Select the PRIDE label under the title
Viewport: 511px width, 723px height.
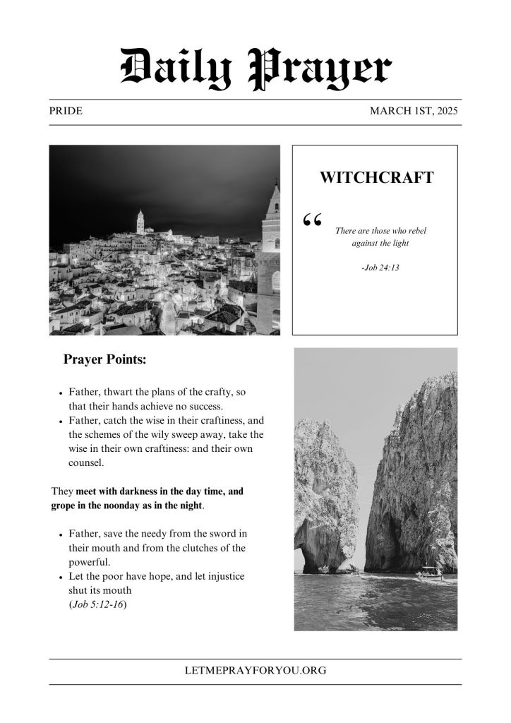66,112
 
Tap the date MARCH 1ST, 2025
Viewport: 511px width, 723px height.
415,112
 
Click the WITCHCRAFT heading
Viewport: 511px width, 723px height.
376,177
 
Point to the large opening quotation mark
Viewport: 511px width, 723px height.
311,221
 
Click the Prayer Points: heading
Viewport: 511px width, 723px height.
104,359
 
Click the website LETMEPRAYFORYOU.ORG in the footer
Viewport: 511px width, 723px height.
255,671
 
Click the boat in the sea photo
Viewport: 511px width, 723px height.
428,573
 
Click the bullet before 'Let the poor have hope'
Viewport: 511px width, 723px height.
61,577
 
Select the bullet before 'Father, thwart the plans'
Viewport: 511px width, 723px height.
61,392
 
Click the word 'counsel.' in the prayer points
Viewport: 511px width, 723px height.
86,463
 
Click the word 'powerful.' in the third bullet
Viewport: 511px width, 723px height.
90,562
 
